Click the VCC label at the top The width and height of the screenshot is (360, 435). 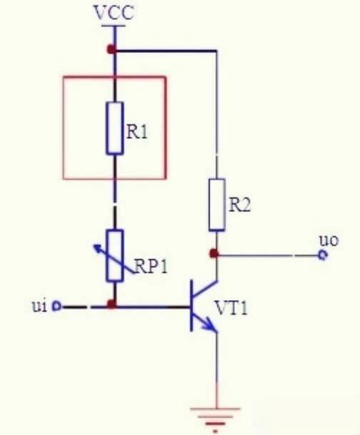114,12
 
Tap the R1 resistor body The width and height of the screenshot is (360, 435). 114,128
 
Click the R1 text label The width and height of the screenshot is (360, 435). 137,131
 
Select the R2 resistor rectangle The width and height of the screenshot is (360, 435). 216,205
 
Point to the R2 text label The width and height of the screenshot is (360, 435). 240,206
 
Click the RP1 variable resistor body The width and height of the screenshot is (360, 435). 114,256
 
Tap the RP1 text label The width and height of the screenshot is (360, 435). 151,266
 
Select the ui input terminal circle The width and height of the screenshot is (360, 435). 57,306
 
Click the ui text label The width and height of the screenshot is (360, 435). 39,306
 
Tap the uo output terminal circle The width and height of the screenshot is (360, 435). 323,255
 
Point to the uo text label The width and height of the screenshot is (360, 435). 329,241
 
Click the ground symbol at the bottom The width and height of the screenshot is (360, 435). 216,419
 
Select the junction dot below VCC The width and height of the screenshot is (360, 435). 111,50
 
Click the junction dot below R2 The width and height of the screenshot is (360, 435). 214,254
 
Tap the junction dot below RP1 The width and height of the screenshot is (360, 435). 111,304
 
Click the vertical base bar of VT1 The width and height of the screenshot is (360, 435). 191,306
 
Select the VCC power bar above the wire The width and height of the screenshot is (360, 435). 114,26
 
